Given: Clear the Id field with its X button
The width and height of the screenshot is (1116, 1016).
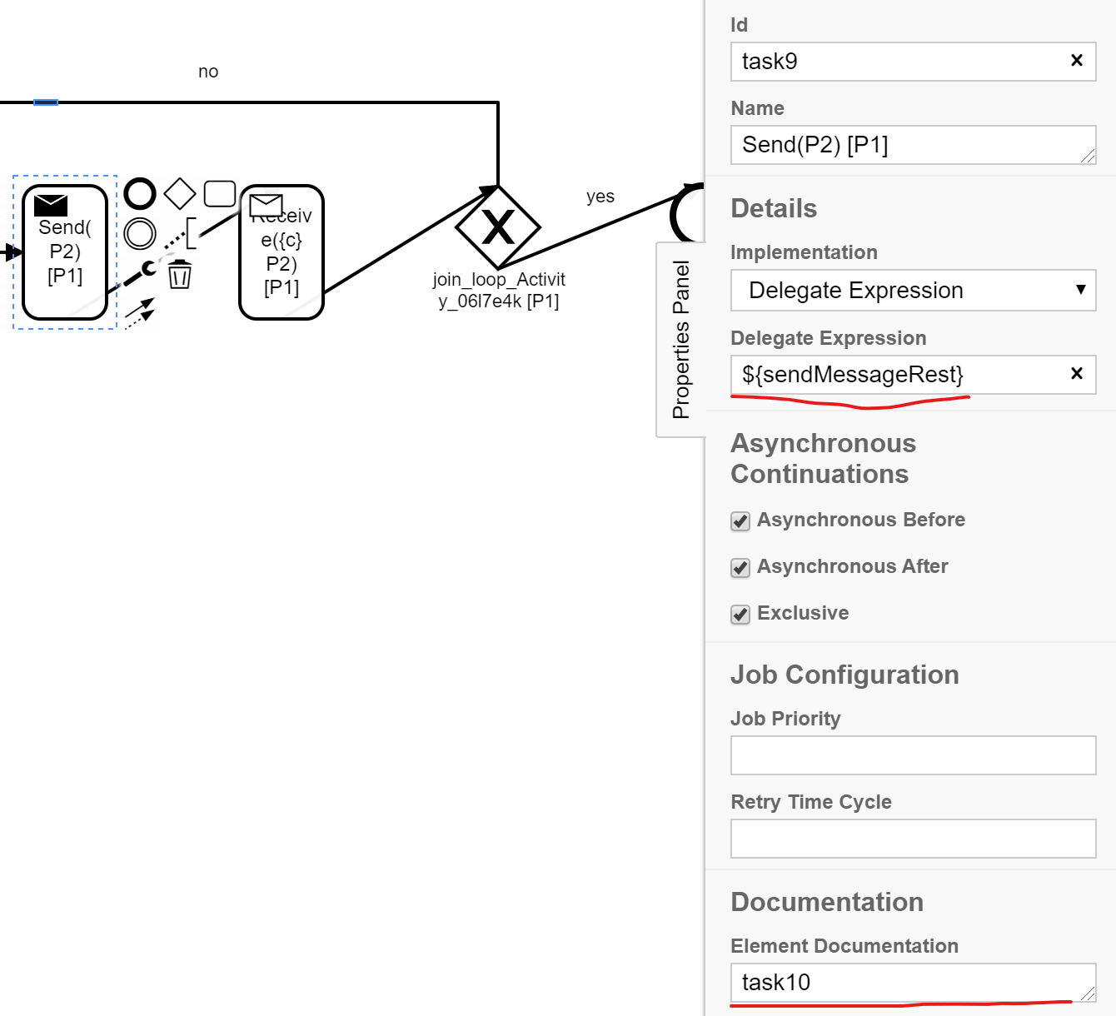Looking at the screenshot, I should coord(1076,60).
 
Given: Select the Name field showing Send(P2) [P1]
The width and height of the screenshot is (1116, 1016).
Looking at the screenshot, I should coord(912,145).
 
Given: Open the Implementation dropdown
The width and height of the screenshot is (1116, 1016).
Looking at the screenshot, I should coord(913,290).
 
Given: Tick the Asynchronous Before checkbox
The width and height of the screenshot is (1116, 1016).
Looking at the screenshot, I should coord(740,521).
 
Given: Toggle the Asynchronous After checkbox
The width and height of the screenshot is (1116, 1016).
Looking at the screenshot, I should coord(740,568).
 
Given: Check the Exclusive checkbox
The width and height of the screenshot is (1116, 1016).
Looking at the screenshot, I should coord(740,615).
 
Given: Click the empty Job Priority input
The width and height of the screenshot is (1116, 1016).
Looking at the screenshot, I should coord(913,755).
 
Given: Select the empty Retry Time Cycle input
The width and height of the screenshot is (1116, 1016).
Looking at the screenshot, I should coord(913,839).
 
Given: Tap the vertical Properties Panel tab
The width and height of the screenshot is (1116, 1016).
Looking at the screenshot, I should coord(681,340).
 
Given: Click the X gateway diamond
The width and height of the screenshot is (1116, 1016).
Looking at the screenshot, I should coord(498,227).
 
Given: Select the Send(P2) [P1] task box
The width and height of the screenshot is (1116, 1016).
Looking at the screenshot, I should coord(65,252).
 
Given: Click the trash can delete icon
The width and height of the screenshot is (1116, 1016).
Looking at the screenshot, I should coord(180,274).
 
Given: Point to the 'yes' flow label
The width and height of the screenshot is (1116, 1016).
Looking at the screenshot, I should coord(600,197).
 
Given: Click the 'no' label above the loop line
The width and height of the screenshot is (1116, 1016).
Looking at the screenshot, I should coord(208,72).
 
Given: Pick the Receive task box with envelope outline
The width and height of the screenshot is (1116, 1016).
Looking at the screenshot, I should coord(281,253).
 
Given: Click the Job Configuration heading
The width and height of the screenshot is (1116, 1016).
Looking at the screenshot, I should coord(844,675).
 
